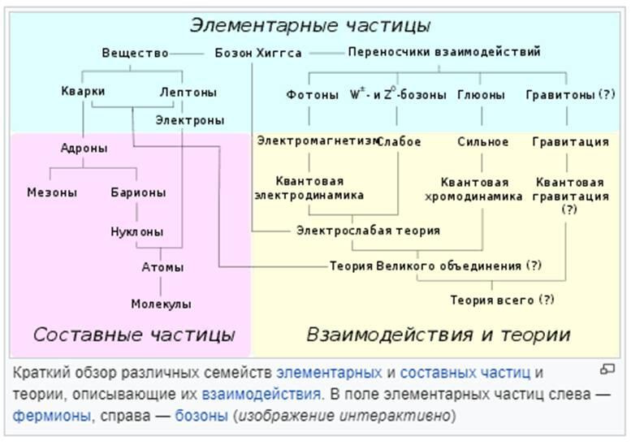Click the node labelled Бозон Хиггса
(258, 53)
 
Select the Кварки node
(83, 91)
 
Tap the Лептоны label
(188, 92)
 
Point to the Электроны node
(189, 120)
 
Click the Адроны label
(84, 148)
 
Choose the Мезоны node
(52, 192)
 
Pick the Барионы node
(138, 192)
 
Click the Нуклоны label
(136, 231)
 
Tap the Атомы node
(162, 267)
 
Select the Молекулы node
(161, 304)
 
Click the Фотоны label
(313, 94)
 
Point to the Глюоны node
(481, 94)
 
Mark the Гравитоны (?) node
(570, 94)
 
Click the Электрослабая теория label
(368, 231)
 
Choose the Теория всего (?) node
(502, 300)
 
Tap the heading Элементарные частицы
(310, 25)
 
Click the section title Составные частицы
(134, 335)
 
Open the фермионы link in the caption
(52, 415)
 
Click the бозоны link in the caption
(201, 415)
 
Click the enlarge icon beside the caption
(607, 369)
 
